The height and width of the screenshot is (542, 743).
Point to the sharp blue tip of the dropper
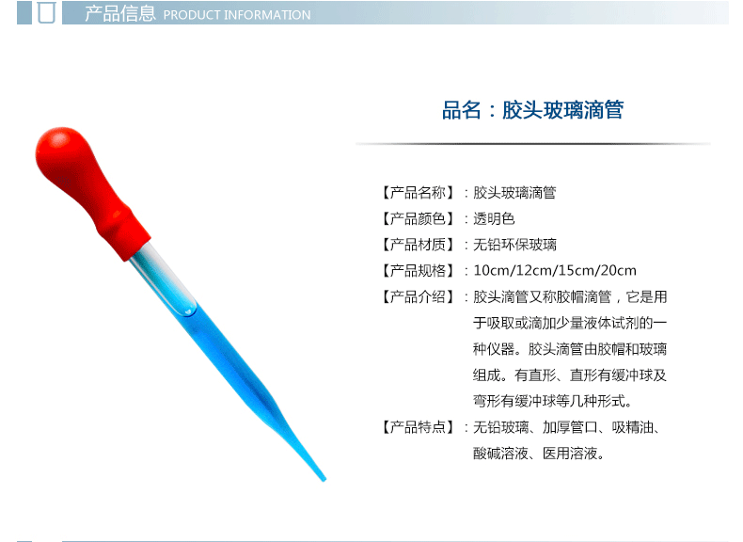[x=324, y=480]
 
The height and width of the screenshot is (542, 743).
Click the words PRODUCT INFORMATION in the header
[x=237, y=15]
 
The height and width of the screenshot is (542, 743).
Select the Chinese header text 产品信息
[x=120, y=14]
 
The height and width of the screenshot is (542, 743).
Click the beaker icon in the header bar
[x=46, y=12]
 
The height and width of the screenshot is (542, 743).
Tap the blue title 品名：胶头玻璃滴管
[x=532, y=110]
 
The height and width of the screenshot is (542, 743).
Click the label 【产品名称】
[x=418, y=193]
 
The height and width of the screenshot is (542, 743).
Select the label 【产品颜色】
[x=418, y=218]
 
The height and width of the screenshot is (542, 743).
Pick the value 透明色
[x=494, y=218]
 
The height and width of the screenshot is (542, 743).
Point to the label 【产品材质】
[x=418, y=245]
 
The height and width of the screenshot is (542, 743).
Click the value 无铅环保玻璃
[x=514, y=245]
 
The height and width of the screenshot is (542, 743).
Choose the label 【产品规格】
[x=418, y=271]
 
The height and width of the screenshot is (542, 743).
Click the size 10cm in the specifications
[x=491, y=271]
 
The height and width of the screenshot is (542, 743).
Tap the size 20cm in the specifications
[x=618, y=271]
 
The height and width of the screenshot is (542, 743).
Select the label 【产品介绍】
[x=418, y=296]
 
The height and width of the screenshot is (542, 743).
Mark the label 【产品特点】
[x=418, y=427]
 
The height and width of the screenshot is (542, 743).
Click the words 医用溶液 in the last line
[x=570, y=454]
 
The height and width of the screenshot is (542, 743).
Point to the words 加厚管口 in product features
[x=570, y=427]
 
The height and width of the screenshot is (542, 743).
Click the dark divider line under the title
[x=533, y=143]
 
